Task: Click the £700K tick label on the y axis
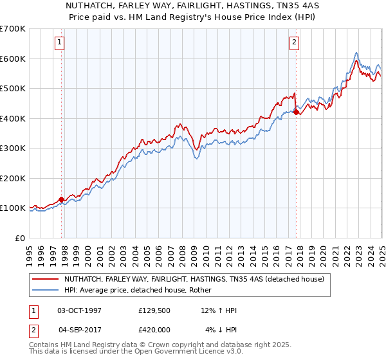pos(13,29)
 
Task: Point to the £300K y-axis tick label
pos(13,148)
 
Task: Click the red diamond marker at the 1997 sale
pos(62,199)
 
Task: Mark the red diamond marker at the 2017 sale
pos(296,113)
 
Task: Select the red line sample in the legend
pos(46,280)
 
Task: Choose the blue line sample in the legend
pos(46,290)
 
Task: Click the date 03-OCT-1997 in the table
pos(79,310)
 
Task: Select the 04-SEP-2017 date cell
pos(79,330)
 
